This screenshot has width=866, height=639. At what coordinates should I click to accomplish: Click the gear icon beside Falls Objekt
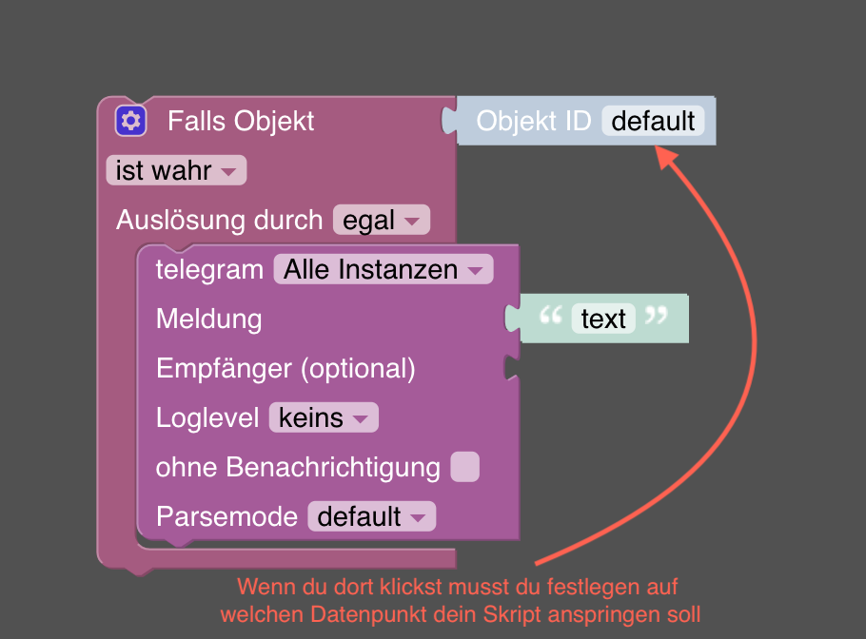coord(130,121)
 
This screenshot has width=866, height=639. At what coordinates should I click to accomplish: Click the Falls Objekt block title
coord(241,122)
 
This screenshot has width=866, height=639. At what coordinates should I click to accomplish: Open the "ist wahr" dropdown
coord(176,171)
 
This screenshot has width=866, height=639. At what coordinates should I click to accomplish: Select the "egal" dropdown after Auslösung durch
coord(381,221)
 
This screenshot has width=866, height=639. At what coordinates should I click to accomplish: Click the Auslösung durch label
coord(219,221)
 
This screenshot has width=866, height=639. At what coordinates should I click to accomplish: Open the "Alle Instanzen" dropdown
coord(383,270)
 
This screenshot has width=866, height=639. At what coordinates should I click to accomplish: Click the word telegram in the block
coord(209,270)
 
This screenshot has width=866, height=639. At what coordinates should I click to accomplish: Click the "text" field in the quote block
coord(603,319)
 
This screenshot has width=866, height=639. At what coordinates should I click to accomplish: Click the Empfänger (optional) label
coord(285,369)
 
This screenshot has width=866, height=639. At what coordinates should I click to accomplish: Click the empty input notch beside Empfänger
coord(511,369)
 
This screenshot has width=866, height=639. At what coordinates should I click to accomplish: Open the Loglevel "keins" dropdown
coord(324,418)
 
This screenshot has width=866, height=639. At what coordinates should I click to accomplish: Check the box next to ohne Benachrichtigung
coord(464,467)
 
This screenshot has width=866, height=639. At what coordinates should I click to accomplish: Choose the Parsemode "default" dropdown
coord(371,517)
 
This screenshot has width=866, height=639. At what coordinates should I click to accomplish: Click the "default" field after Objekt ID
coord(653,122)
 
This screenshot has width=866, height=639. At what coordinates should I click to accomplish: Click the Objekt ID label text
coord(533,122)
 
